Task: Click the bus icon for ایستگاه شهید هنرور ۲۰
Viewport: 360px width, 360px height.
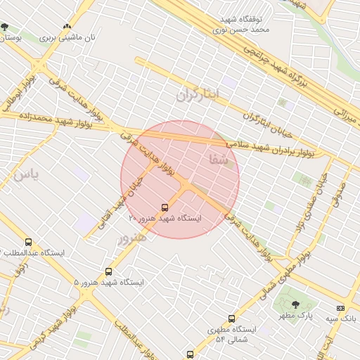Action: tap(165, 207)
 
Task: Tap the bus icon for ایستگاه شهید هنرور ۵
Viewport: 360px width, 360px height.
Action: tap(108, 271)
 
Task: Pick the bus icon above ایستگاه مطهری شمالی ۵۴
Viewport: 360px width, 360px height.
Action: tap(231, 319)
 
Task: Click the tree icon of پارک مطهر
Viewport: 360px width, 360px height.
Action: tap(295, 304)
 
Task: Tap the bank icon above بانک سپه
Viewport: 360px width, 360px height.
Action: tap(341, 307)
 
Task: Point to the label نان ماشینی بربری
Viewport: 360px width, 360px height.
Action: tap(70, 37)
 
